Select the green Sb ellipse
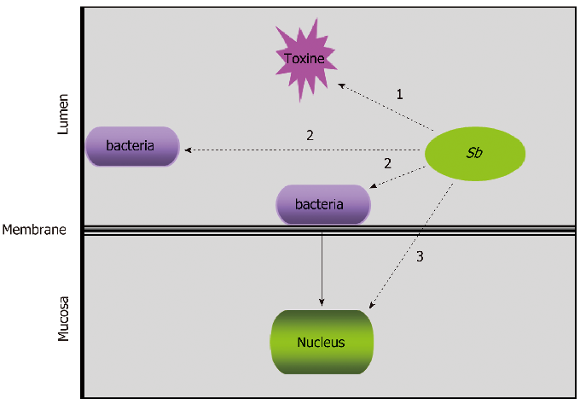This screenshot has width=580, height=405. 474,155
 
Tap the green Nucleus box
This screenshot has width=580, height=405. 322,342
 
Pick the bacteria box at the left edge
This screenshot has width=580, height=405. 132,146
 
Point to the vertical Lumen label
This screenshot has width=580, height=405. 63,115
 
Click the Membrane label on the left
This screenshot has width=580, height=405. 34,230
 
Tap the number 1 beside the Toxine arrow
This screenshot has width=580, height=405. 399,94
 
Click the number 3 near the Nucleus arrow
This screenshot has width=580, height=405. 420,256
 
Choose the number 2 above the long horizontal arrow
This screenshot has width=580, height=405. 310,135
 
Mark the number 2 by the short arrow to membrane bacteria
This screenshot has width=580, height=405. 388,163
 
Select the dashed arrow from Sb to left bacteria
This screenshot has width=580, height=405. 307,150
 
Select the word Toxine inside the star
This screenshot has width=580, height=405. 304,59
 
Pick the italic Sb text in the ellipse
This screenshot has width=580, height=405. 474,155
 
